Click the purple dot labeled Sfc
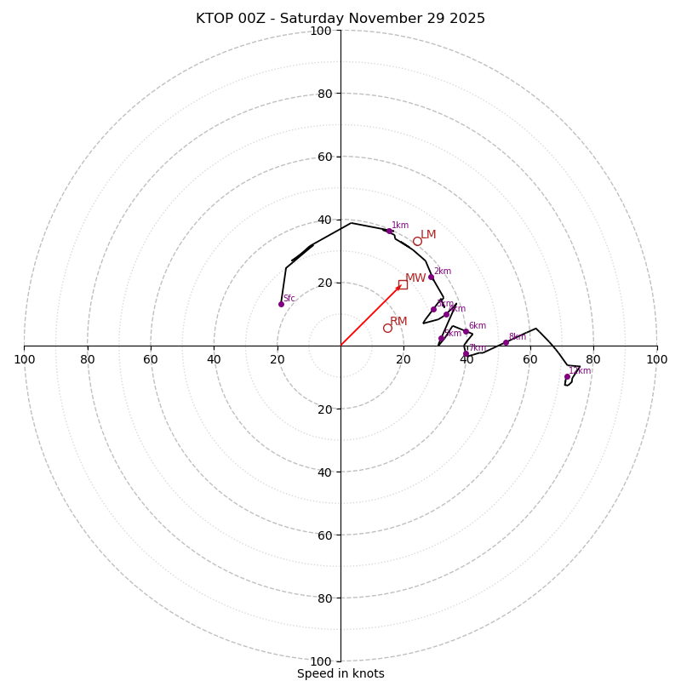click(x=281, y=304)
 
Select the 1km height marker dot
click(x=389, y=231)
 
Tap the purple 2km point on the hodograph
click(x=431, y=277)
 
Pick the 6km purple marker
click(x=466, y=332)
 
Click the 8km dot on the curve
click(x=506, y=342)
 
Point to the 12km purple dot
click(x=567, y=376)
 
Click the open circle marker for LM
click(x=417, y=241)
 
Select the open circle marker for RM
click(x=387, y=328)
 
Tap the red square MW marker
click(x=403, y=284)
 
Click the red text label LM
click(x=428, y=235)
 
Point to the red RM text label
click(x=398, y=322)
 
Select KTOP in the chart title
click(x=214, y=19)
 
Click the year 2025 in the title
click(x=467, y=19)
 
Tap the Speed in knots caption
click(x=340, y=674)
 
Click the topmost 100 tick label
click(x=321, y=31)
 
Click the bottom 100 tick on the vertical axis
click(x=321, y=661)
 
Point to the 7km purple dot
click(x=466, y=353)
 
